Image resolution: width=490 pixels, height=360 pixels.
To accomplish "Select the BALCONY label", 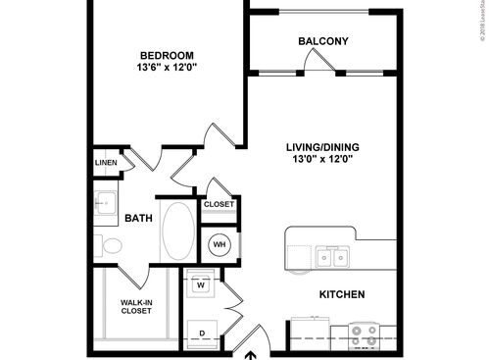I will [323, 41].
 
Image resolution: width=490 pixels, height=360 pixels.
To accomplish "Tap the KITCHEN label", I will [342, 294].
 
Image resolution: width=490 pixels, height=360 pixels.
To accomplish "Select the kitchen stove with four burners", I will [365, 336].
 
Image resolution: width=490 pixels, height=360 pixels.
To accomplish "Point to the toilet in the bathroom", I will [108, 245].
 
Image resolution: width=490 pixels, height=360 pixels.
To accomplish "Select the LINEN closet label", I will [106, 163].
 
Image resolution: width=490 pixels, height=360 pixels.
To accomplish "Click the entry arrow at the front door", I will [250, 355].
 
